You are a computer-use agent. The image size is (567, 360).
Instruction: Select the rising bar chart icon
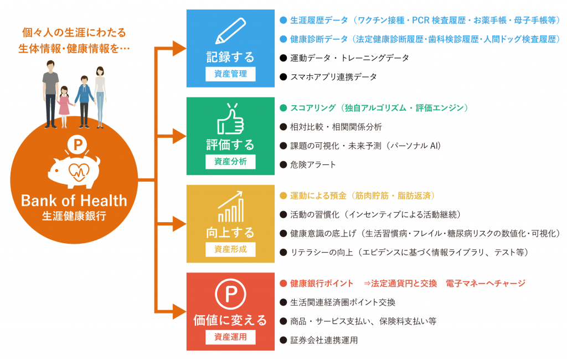point(230,207)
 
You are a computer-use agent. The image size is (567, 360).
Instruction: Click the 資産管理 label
point(230,74)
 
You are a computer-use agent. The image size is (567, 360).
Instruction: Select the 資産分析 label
point(230,161)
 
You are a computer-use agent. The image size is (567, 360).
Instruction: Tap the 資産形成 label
point(230,249)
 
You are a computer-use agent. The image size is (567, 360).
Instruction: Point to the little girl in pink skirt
point(64,105)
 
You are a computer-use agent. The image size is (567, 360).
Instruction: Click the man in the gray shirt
point(50,91)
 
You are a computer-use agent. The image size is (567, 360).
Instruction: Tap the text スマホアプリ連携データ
point(333,76)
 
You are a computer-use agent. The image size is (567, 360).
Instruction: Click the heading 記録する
point(230,56)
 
